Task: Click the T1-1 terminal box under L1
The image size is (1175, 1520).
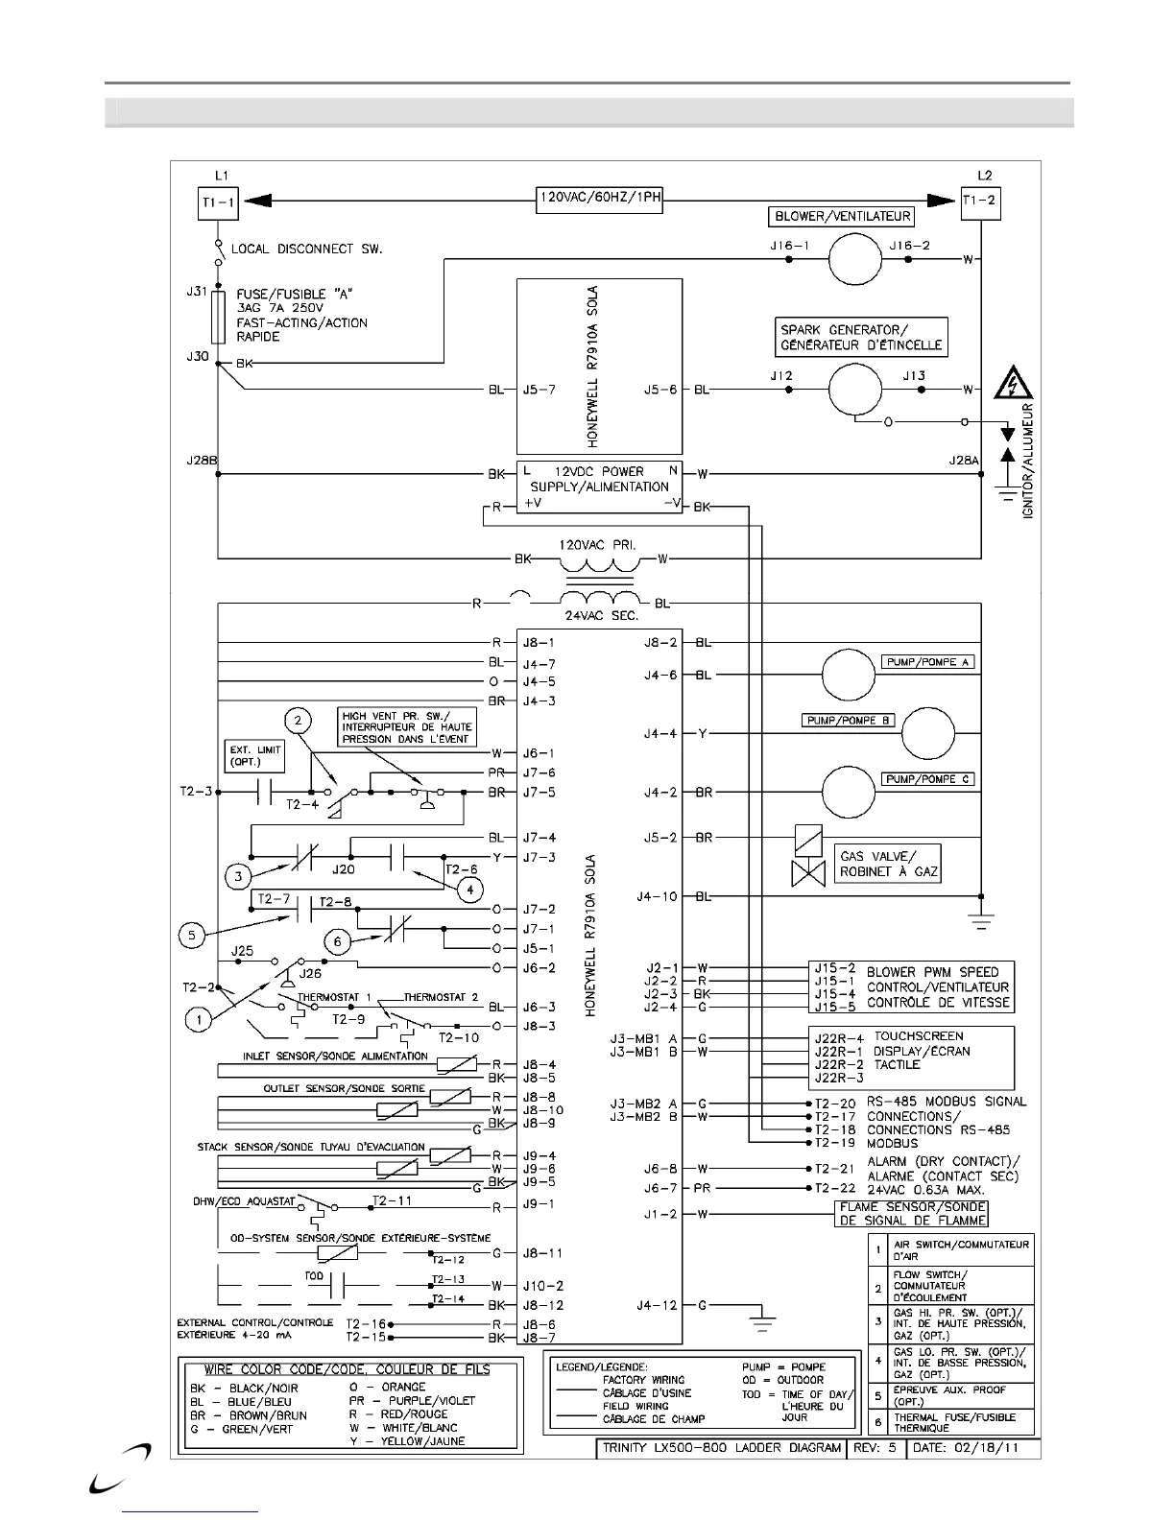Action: tap(217, 202)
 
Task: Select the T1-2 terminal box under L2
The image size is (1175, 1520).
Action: tap(981, 202)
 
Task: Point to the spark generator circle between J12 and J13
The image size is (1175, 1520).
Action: tap(854, 390)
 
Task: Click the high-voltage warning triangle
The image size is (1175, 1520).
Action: tap(1014, 383)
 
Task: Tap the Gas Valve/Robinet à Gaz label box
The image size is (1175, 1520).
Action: tap(887, 863)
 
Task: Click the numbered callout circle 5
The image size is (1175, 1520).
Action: tap(192, 935)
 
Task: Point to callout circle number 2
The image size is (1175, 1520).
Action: tap(299, 721)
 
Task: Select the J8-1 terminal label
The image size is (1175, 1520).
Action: tap(539, 643)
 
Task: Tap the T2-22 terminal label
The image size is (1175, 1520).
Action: tap(834, 1188)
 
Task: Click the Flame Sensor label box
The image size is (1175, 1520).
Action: tap(911, 1214)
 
